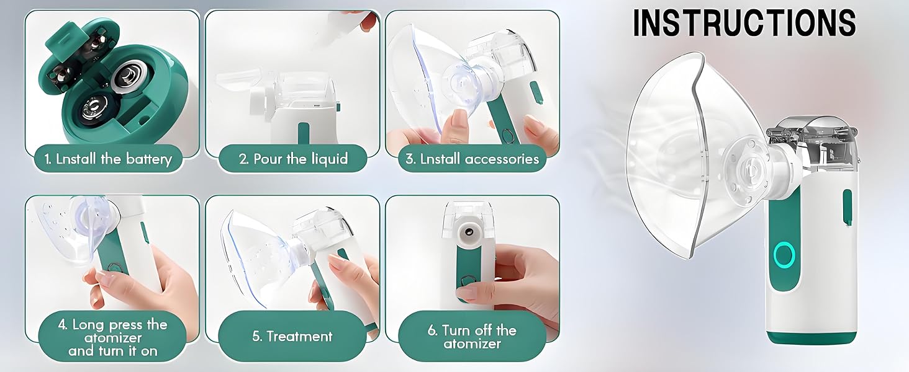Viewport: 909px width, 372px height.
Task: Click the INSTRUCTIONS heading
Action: click(x=744, y=24)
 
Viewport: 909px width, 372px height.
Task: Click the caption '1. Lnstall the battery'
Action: click(x=108, y=159)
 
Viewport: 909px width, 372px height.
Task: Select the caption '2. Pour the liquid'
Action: click(x=293, y=159)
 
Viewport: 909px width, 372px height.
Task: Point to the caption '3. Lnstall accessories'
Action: click(x=473, y=159)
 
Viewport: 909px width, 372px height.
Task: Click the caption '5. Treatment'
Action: click(x=292, y=336)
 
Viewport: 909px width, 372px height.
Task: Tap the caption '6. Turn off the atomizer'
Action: click(x=472, y=337)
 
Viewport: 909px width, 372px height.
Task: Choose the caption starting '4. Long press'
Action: click(x=113, y=337)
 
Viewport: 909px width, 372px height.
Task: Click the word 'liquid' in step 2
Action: click(x=330, y=159)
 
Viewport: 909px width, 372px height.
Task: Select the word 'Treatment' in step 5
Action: click(x=300, y=336)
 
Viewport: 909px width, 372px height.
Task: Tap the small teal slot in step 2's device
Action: click(x=303, y=133)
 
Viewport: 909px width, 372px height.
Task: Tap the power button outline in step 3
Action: click(x=507, y=136)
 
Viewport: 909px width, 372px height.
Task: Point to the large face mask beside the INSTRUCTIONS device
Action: click(x=690, y=156)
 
